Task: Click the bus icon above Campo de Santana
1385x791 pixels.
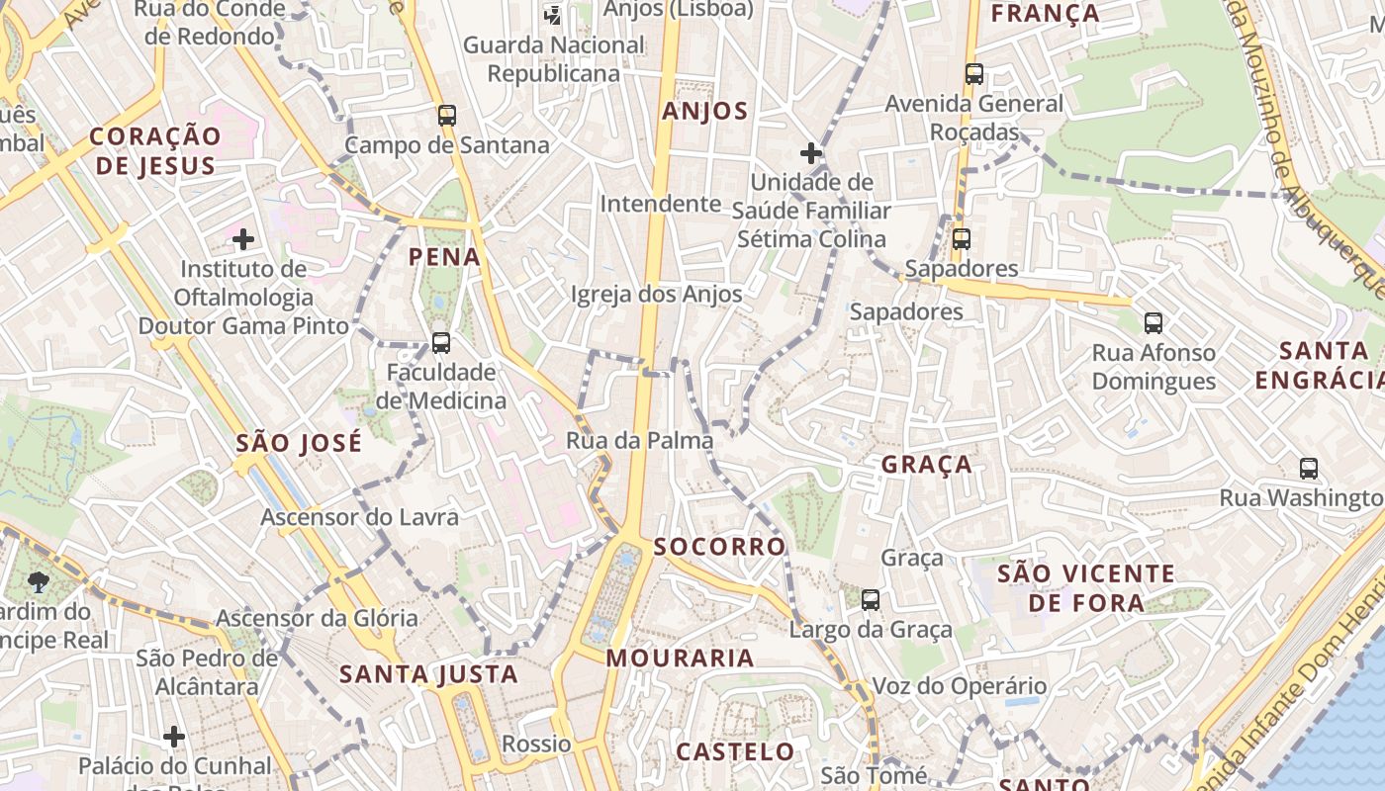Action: point(447,116)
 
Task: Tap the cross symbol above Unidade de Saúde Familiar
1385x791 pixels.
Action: point(811,153)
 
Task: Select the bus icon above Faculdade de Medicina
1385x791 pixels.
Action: point(441,343)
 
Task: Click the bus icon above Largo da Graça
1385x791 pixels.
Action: point(871,599)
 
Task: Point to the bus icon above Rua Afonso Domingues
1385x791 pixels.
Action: point(1154,322)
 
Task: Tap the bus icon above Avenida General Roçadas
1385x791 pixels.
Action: point(974,74)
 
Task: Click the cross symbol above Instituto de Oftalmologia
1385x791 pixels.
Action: point(243,239)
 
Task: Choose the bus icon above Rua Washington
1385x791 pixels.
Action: point(1309,469)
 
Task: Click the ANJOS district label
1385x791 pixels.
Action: point(705,111)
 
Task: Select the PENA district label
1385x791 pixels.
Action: point(444,257)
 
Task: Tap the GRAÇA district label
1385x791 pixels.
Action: point(926,464)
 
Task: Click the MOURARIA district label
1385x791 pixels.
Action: point(680,658)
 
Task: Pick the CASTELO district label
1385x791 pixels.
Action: point(735,751)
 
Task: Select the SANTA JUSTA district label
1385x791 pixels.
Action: point(428,674)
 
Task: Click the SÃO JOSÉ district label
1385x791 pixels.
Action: point(299,443)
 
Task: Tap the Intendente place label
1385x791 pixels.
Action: point(661,204)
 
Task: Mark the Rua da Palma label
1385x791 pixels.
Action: point(639,440)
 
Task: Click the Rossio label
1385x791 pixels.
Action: point(536,744)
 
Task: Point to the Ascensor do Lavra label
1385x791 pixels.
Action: point(359,517)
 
